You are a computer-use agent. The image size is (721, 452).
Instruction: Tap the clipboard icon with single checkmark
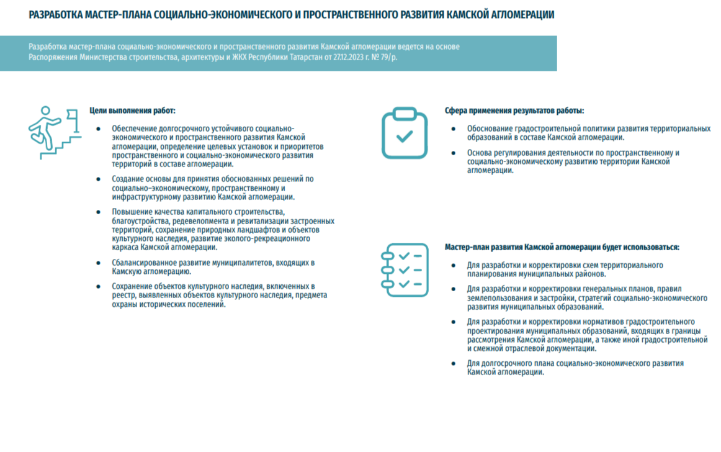point(404,132)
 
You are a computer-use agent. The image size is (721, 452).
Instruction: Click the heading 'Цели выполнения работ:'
point(132,111)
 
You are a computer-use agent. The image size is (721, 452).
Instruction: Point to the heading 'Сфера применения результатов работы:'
point(514,111)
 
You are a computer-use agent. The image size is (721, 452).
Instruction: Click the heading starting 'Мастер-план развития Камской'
point(562,247)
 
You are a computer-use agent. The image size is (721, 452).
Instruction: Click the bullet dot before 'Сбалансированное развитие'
point(98,263)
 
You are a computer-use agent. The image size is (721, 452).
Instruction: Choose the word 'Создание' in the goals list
point(128,179)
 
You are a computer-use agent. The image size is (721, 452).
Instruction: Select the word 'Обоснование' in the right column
point(490,129)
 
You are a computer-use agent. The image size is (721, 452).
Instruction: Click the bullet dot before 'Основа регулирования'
point(453,153)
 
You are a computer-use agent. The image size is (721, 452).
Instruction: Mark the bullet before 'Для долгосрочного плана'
point(453,363)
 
